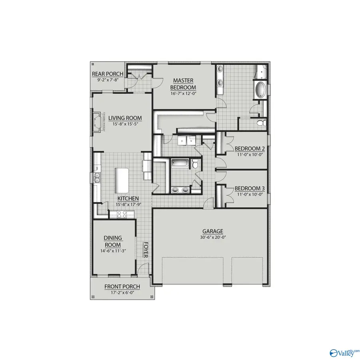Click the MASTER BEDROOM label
tap(183, 84)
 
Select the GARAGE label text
tap(212, 231)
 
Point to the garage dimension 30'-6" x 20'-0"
tap(212, 237)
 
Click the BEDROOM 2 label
tap(250, 148)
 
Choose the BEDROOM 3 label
tap(250, 188)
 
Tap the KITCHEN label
tap(128, 198)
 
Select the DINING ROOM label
tap(113, 241)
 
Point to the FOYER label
tap(146, 250)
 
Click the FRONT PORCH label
tap(122, 286)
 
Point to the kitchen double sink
tap(97, 177)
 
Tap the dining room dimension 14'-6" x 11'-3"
tap(113, 252)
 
